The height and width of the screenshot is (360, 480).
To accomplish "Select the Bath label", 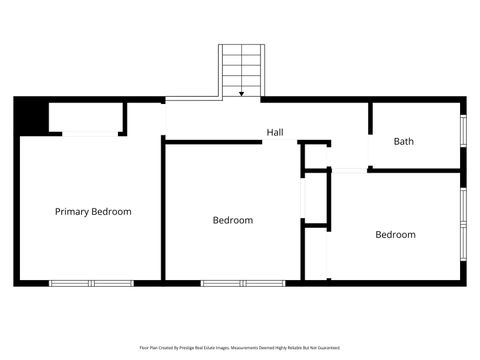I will coord(403,141).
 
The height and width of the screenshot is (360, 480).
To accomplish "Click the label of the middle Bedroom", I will coord(233,220).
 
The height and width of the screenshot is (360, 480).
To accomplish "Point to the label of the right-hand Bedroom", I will coord(395,235).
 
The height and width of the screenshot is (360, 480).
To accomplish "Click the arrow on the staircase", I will coord(241,92).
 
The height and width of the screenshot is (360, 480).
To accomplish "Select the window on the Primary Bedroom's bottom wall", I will coord(92,283).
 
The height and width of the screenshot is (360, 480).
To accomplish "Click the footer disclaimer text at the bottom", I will coord(240,348).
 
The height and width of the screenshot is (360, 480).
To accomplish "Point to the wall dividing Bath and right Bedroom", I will coord(415,170).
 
